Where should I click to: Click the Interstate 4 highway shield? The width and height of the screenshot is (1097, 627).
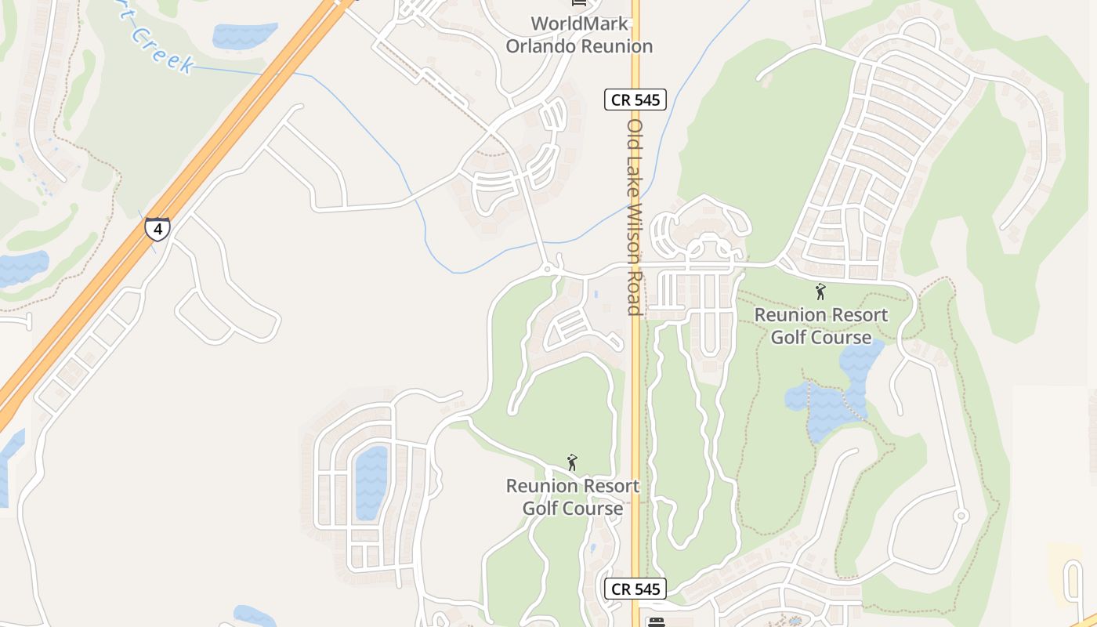click(157, 229)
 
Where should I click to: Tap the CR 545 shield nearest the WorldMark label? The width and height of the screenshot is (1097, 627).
click(635, 100)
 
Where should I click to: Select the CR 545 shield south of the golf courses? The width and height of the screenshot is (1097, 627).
click(635, 589)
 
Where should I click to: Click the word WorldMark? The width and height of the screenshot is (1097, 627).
click(579, 24)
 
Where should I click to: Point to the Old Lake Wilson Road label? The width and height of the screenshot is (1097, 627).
click(635, 217)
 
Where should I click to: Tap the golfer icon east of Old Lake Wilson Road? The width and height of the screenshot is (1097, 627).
click(820, 292)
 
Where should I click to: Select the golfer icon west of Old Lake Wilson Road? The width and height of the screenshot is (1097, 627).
click(572, 462)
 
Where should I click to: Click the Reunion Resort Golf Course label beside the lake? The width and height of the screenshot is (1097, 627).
click(821, 326)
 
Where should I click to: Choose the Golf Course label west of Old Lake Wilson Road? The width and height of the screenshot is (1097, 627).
click(573, 509)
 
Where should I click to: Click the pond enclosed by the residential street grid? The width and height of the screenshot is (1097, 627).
click(371, 482)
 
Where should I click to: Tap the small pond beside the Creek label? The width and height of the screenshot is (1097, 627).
click(244, 35)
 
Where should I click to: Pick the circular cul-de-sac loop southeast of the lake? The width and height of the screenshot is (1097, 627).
click(961, 516)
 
